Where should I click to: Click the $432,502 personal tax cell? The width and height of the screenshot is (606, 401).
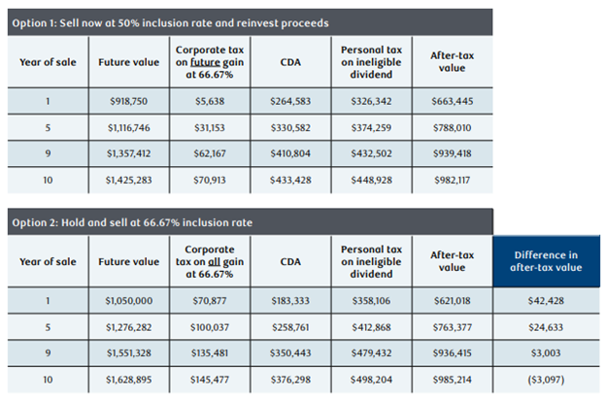point(372,152)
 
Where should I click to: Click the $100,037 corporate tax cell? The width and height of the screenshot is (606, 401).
point(209,327)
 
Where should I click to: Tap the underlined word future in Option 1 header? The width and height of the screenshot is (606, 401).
point(207,60)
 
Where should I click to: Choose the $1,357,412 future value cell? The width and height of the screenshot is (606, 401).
point(128,152)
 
